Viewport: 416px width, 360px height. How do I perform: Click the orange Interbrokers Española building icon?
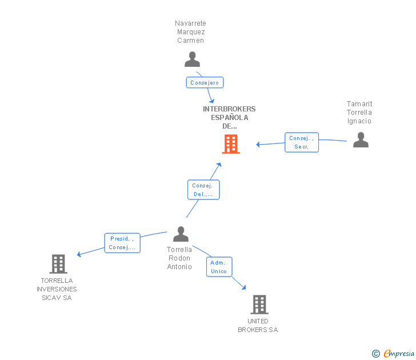tap(231, 144)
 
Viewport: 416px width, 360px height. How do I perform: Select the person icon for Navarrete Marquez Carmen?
tap(192, 59)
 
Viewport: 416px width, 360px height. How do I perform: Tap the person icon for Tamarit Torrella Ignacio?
tap(361, 140)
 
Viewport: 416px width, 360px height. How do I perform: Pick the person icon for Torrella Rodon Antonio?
tap(181, 234)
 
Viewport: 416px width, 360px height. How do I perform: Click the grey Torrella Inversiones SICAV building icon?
tap(58, 264)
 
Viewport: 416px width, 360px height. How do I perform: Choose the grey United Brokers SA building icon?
tap(259, 305)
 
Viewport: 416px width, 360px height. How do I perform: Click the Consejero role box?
tap(205, 83)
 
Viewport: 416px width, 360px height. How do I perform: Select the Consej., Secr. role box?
tap(301, 142)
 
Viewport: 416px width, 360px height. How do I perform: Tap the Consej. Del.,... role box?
tap(203, 190)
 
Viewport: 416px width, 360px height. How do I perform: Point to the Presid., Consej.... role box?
tap(122, 243)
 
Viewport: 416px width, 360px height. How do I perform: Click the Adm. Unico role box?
tap(219, 267)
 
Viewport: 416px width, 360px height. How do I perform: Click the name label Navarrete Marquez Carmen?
tap(190, 32)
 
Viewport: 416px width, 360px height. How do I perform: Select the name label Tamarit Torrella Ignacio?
tap(359, 113)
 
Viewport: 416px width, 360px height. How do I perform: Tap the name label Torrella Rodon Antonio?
tap(179, 258)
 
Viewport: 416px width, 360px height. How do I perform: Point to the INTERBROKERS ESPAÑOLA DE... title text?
tap(229, 117)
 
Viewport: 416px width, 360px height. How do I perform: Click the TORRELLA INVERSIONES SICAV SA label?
tap(57, 289)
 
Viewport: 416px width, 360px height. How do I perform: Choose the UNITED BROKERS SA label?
tap(258, 325)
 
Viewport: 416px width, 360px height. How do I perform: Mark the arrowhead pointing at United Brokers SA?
tap(244, 288)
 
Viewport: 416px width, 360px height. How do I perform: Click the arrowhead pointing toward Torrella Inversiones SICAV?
tap(79, 255)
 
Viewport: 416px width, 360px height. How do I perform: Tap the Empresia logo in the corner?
tap(394, 354)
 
